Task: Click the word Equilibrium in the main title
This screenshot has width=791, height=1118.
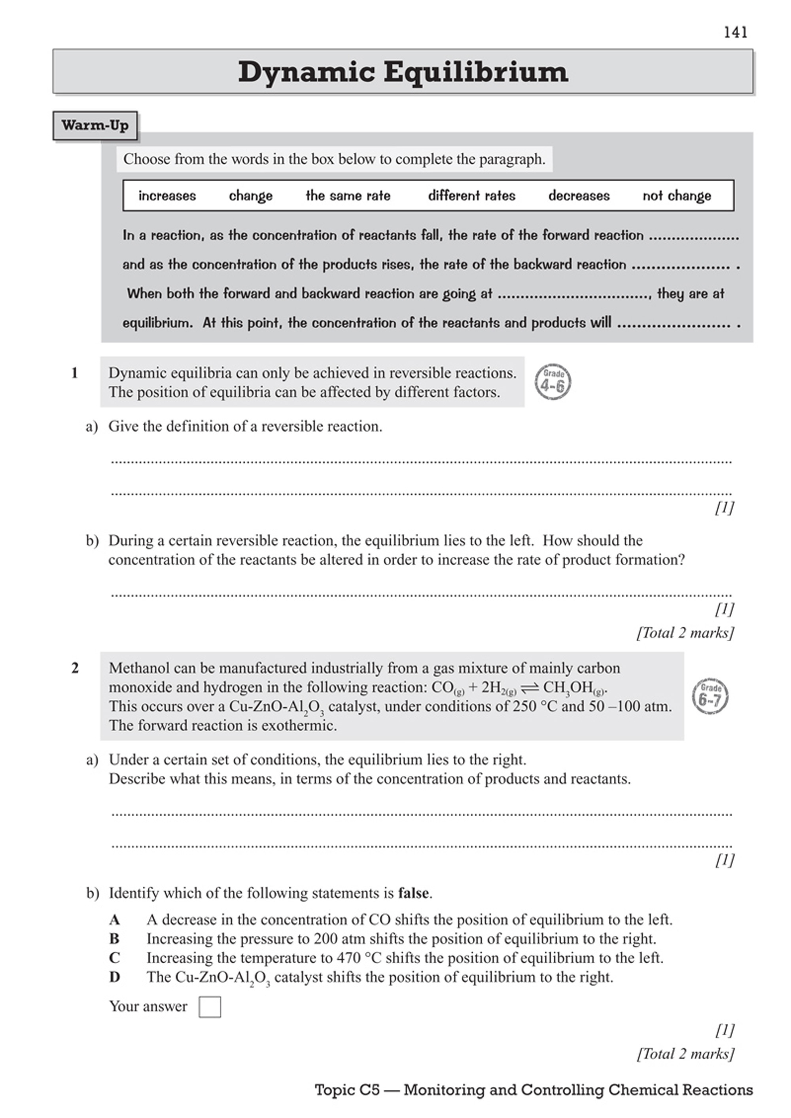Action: [475, 72]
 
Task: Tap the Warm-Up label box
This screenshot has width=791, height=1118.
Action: [95, 126]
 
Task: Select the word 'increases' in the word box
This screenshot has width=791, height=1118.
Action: [167, 196]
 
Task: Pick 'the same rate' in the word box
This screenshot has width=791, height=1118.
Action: [348, 196]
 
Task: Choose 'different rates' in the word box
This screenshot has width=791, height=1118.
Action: [471, 196]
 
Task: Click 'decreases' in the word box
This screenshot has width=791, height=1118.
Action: [579, 196]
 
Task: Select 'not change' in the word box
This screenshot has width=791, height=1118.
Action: [677, 196]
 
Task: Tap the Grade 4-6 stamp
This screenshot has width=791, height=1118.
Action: [553, 382]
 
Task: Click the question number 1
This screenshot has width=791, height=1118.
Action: [74, 373]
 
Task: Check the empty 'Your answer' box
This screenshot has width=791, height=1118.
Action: [210, 1007]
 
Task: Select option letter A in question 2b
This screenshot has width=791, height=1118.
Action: [114, 920]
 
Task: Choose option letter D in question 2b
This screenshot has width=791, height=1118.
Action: [114, 977]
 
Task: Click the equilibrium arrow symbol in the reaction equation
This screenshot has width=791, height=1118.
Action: [530, 688]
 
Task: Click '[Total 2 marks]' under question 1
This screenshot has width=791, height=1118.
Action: [685, 633]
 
